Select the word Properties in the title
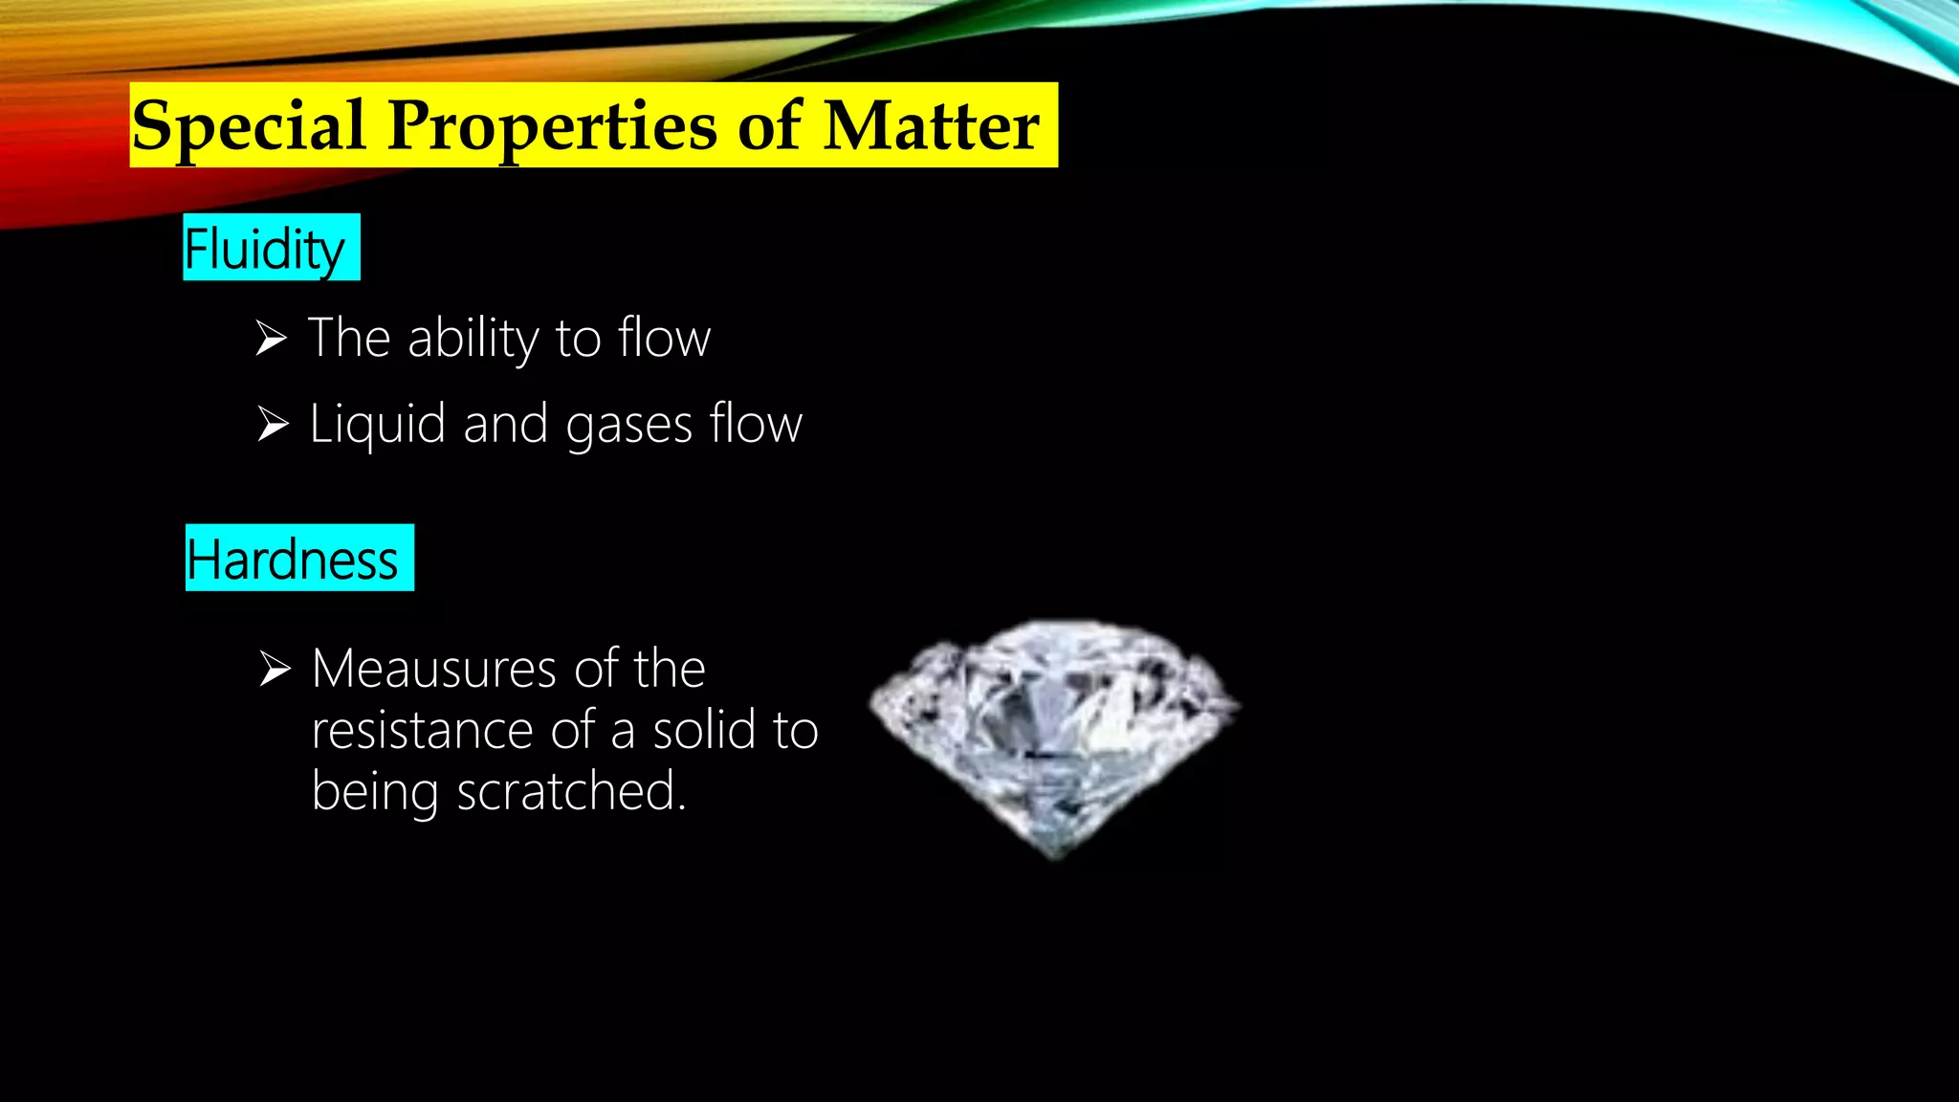552,126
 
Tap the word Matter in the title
931,126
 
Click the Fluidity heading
264,249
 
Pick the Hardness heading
292,560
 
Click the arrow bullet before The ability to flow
272,339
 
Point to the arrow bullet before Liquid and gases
273,424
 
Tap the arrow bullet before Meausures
275,669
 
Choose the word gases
628,426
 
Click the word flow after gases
756,424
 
